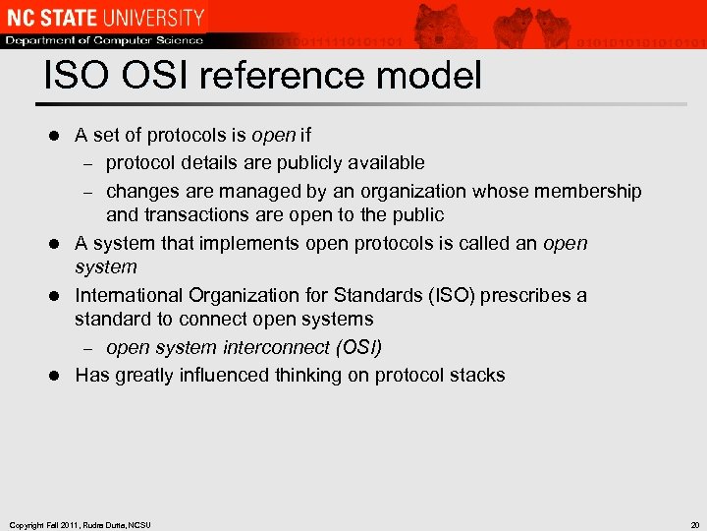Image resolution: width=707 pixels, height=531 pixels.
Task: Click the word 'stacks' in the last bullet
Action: (x=477, y=375)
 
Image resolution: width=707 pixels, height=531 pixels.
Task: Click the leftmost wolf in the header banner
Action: (x=438, y=24)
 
